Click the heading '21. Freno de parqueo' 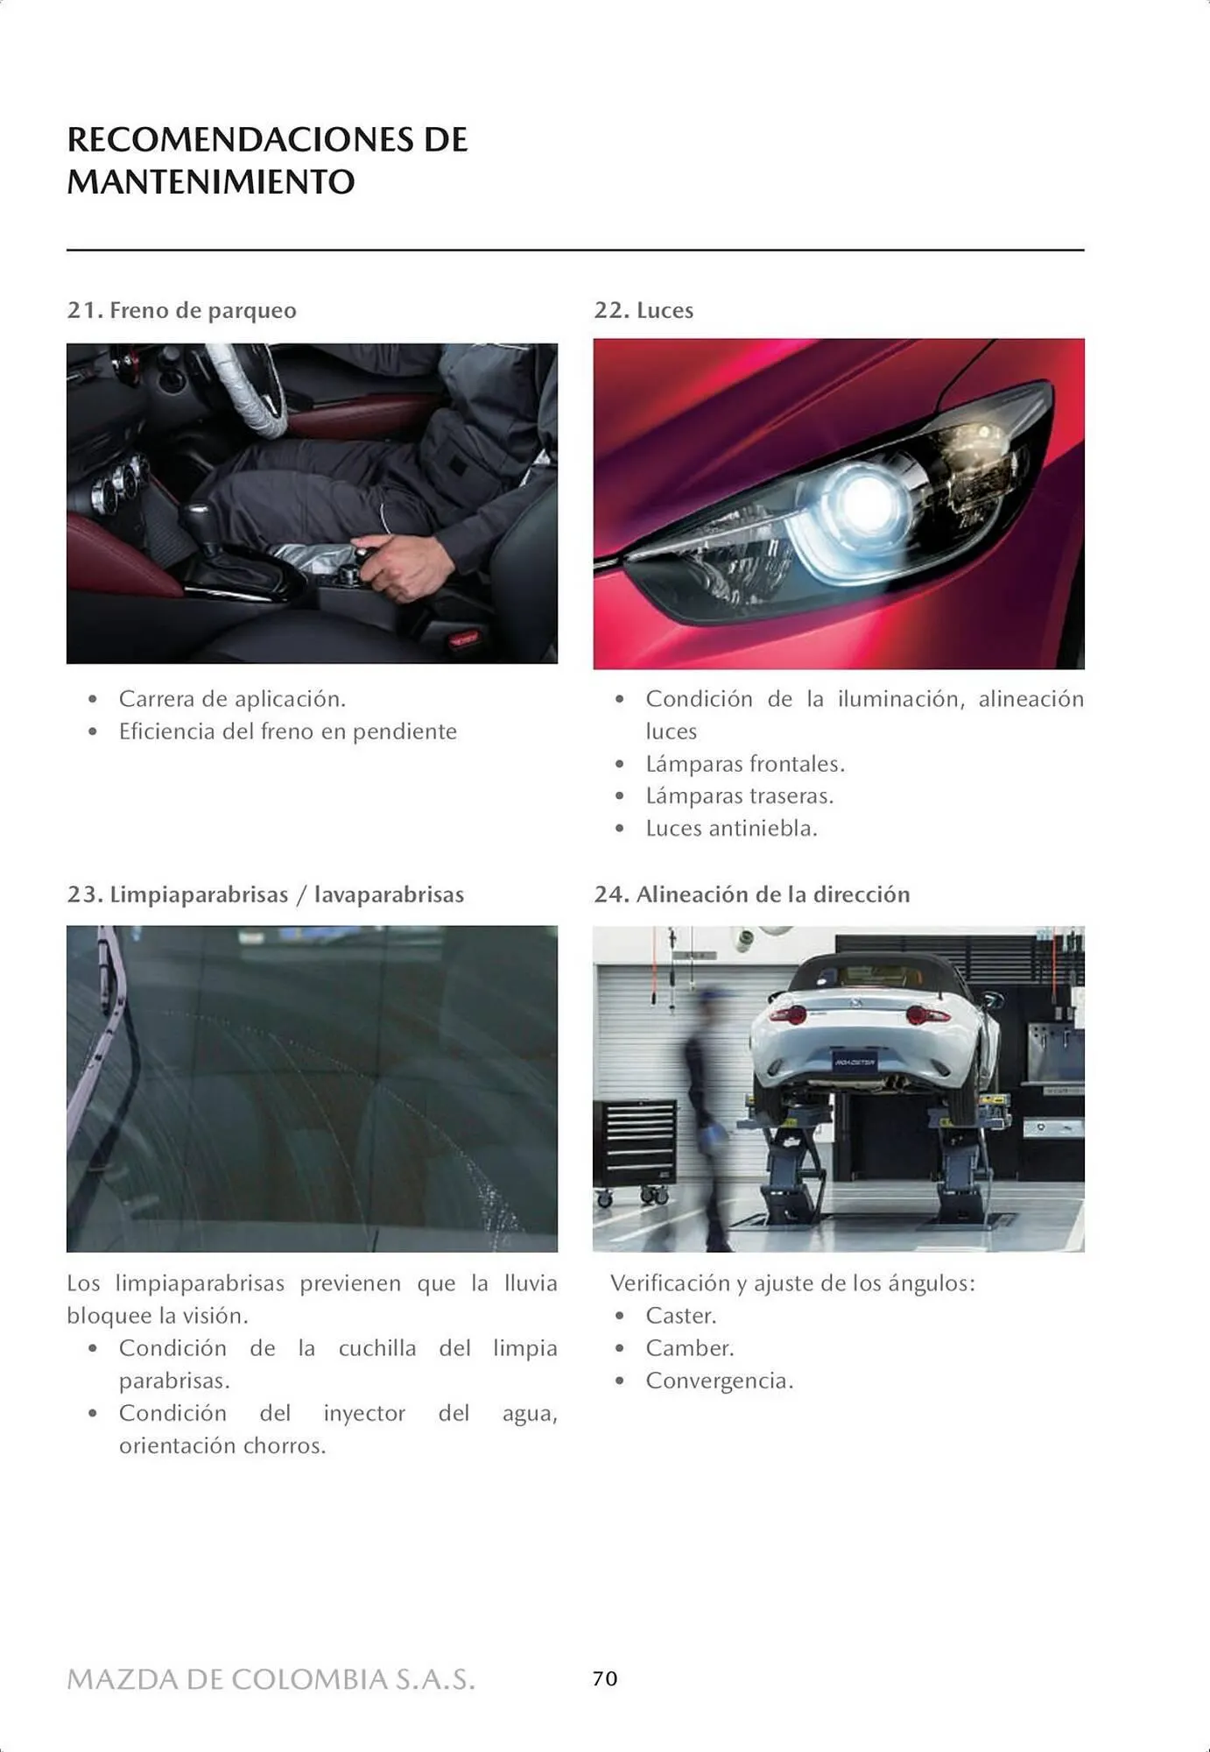click(181, 310)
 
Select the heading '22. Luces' click(644, 310)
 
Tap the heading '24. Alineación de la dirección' click(752, 894)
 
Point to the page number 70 click(605, 1678)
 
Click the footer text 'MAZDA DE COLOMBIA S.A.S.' click(271, 1679)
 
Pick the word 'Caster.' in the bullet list click(681, 1316)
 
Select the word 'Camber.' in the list click(690, 1348)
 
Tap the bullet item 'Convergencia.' click(720, 1381)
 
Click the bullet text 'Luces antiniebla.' click(731, 829)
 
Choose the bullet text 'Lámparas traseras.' click(740, 796)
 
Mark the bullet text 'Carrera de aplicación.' click(232, 699)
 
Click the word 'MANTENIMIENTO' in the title click(211, 182)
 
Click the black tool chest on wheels click(636, 1148)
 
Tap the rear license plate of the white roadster click(855, 1063)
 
